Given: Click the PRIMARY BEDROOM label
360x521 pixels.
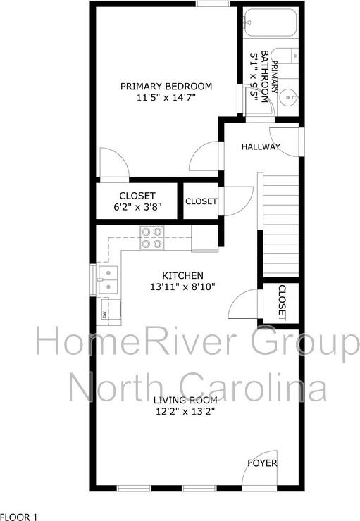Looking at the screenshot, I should (166, 87).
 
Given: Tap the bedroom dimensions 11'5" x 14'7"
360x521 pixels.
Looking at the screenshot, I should (166, 99).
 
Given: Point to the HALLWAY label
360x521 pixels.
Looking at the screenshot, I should (261, 147).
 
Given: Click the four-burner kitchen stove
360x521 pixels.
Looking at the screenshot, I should (151, 238).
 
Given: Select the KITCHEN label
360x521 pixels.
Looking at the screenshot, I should (182, 275).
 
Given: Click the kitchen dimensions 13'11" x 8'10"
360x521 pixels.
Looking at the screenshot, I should (182, 287).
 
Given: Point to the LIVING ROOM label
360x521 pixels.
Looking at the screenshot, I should (184, 400).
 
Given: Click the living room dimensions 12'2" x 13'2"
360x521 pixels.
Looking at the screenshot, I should (184, 412).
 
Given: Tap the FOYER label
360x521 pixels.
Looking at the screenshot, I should (261, 463).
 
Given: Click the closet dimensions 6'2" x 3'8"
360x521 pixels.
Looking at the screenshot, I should (137, 208).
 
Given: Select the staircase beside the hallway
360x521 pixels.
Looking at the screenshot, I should (280, 225).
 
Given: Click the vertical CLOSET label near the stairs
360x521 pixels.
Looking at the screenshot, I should (282, 303).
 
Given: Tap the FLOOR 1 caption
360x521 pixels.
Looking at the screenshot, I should (19, 516).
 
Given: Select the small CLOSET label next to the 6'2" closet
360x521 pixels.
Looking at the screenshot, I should (201, 201).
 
